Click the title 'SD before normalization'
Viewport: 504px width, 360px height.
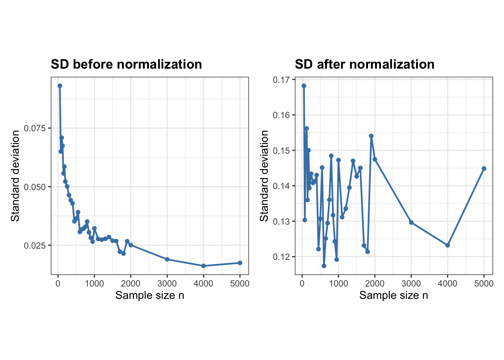[126, 64]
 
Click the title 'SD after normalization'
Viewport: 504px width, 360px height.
[364, 64]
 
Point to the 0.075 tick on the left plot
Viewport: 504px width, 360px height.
[34, 128]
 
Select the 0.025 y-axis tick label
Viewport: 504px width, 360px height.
[34, 246]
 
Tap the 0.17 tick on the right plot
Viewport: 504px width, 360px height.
[281, 80]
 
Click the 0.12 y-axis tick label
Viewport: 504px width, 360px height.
[281, 257]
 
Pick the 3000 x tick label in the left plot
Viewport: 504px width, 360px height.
[167, 283]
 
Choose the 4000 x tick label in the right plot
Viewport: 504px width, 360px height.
[447, 283]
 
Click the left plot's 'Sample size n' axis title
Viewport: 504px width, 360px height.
[150, 295]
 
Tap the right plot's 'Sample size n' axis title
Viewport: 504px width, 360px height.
[394, 295]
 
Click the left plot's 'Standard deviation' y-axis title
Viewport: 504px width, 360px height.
[15, 176]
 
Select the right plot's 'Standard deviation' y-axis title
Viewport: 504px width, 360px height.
[264, 176]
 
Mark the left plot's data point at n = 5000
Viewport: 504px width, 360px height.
[240, 263]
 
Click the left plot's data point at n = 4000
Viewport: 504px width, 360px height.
[203, 266]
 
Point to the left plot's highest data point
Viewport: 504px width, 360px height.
[60, 86]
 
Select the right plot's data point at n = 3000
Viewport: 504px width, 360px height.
[411, 222]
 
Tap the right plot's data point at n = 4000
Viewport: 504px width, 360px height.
[447, 245]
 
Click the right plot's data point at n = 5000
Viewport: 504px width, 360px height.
[484, 168]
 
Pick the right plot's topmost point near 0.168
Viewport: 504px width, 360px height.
[304, 86]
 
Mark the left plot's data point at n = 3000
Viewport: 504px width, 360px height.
[167, 259]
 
